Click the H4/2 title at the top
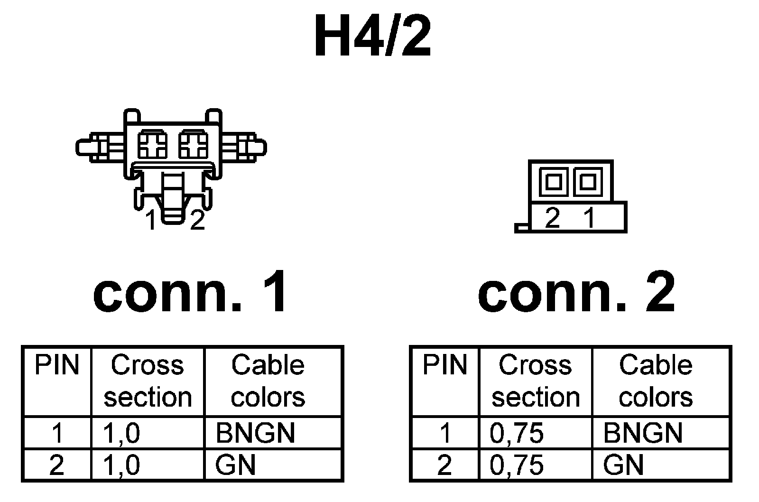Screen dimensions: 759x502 pyautogui.click(x=373, y=37)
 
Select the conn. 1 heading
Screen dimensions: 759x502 pyautogui.click(x=191, y=291)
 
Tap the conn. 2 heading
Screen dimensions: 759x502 pyautogui.click(x=576, y=291)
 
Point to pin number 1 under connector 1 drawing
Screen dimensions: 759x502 pyautogui.click(x=151, y=220)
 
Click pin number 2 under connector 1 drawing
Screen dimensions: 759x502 pyautogui.click(x=197, y=220)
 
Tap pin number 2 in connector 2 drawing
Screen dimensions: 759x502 pyautogui.click(x=553, y=218)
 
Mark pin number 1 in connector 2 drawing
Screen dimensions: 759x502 pyautogui.click(x=589, y=218)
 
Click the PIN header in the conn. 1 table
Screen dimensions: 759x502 pyautogui.click(x=57, y=365)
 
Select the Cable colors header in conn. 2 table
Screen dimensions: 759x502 pyautogui.click(x=656, y=381)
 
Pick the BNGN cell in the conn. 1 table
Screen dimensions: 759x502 pyautogui.click(x=255, y=433)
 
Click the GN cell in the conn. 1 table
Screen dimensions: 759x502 pyautogui.click(x=235, y=465)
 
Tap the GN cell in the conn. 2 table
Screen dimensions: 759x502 pyautogui.click(x=623, y=465)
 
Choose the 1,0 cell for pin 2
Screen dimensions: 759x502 pyautogui.click(x=121, y=465)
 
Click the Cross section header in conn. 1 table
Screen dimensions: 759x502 pyautogui.click(x=148, y=381)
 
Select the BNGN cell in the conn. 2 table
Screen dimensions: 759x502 pyautogui.click(x=643, y=433)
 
